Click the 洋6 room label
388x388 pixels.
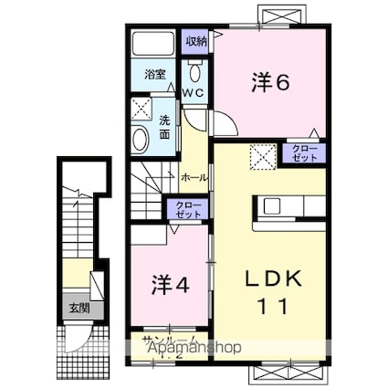(x=270, y=82)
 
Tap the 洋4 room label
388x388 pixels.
(x=170, y=284)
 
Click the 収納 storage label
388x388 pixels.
(x=196, y=41)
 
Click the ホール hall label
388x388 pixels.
(x=194, y=177)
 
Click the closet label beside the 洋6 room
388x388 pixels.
(x=306, y=152)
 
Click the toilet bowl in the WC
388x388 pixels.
(x=194, y=72)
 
